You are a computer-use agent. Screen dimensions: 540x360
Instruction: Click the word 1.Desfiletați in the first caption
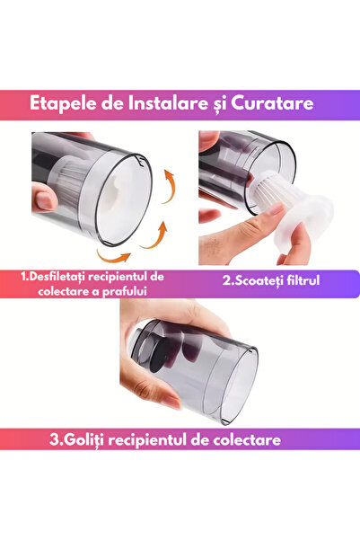pyautogui.click(x=62, y=276)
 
